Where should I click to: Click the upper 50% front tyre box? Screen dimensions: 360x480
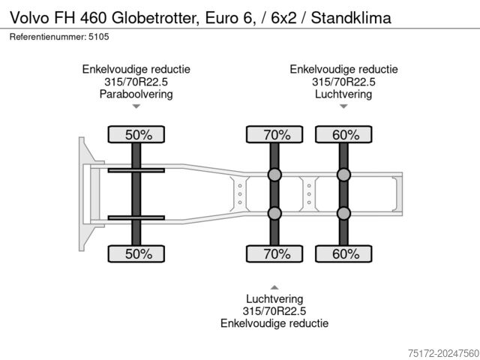click(x=137, y=135)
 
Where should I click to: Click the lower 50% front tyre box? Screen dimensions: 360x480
click(x=137, y=254)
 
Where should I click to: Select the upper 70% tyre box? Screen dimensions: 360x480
click(x=275, y=135)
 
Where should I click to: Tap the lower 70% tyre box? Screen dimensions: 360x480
click(x=275, y=254)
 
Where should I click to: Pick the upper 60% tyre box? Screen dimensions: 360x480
click(x=343, y=135)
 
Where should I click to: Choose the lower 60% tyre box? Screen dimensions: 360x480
click(x=343, y=254)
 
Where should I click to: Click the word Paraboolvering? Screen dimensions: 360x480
click(x=136, y=94)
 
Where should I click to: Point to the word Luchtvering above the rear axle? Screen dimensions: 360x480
click(x=343, y=94)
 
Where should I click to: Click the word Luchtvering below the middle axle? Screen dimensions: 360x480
click(x=274, y=298)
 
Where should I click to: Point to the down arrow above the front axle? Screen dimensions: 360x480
click(x=136, y=107)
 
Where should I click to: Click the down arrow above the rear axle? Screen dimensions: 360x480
click(x=343, y=107)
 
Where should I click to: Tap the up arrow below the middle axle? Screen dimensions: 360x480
click(x=274, y=286)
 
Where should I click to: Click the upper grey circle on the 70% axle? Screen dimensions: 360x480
click(x=274, y=175)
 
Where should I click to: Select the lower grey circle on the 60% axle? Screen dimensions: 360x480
click(x=343, y=214)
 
